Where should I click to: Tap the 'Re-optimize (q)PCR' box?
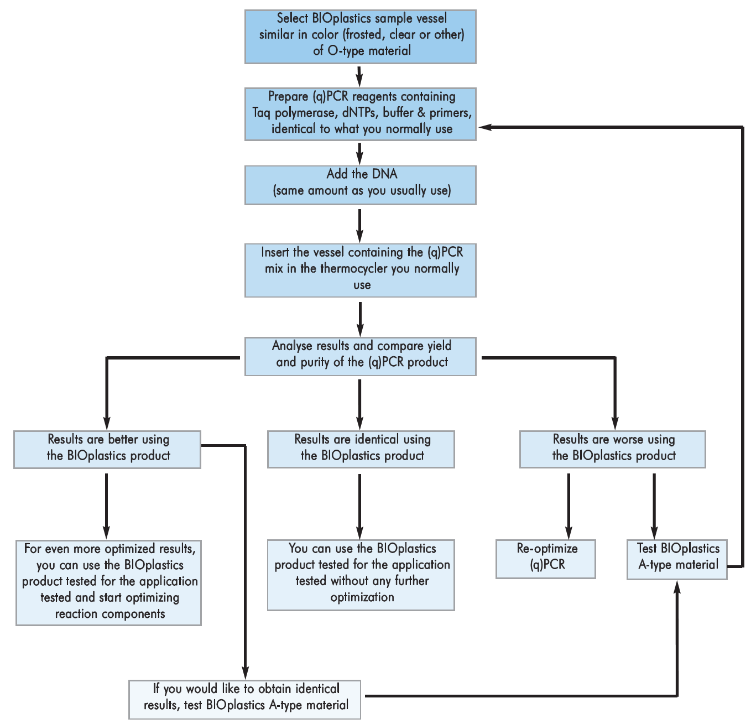coord(545,559)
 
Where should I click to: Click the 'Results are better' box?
coord(107,450)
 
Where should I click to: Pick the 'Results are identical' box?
coord(361,450)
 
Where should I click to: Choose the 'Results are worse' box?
coord(612,450)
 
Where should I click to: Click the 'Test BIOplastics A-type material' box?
coord(677,559)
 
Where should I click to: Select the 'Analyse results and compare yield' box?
coord(360,357)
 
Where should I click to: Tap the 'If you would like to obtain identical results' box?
coord(244,699)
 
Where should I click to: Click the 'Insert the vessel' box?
coord(360,270)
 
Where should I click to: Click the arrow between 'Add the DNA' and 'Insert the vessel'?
coord(360,224)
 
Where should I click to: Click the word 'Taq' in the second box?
coord(262,113)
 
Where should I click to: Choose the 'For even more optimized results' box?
coord(108,583)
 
